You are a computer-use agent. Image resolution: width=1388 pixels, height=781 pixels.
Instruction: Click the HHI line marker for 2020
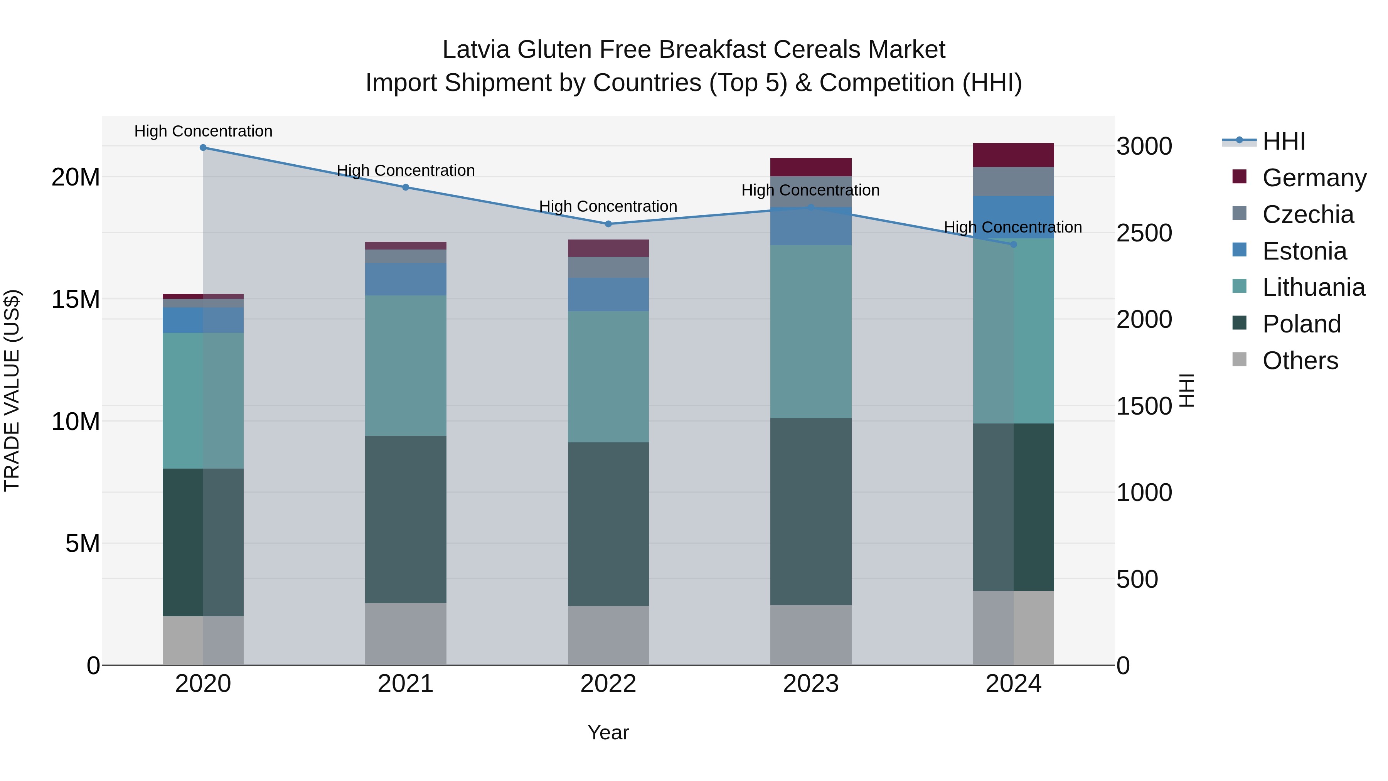(x=203, y=147)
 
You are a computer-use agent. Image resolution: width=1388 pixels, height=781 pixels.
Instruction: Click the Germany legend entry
(x=1314, y=178)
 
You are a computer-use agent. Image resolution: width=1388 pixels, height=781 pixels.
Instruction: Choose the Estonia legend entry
(x=1304, y=251)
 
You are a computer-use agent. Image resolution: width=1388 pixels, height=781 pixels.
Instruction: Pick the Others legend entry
(x=1300, y=361)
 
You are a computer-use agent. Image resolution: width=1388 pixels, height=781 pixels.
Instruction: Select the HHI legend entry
(x=1284, y=141)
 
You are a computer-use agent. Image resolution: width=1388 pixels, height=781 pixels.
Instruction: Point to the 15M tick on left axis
(x=76, y=299)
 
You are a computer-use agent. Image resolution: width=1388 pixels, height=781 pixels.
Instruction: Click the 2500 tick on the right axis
(x=1144, y=233)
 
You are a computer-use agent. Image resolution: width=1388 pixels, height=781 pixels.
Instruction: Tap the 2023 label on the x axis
(x=810, y=683)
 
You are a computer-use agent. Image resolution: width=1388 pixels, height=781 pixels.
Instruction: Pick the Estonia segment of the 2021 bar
(x=405, y=279)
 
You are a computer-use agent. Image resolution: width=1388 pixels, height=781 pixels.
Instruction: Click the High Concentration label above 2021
(x=405, y=170)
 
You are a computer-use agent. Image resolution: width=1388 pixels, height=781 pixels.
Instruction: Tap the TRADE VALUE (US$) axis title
(x=12, y=390)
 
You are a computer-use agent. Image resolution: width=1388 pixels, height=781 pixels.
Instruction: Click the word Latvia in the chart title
(x=476, y=50)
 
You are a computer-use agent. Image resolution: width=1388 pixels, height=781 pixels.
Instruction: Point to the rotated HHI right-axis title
(x=1187, y=390)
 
